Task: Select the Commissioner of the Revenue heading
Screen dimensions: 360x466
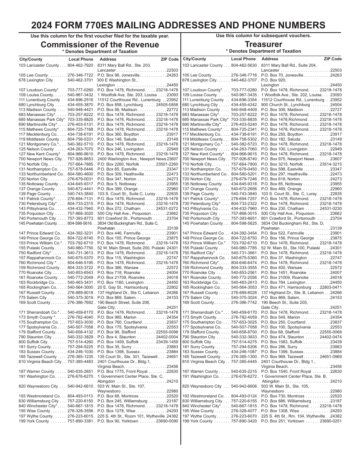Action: (x=100, y=45)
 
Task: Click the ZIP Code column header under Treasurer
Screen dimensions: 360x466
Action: (x=333, y=59)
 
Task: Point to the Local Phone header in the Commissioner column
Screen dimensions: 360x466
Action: (x=81, y=59)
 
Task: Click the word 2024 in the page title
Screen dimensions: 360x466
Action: (x=43, y=25)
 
